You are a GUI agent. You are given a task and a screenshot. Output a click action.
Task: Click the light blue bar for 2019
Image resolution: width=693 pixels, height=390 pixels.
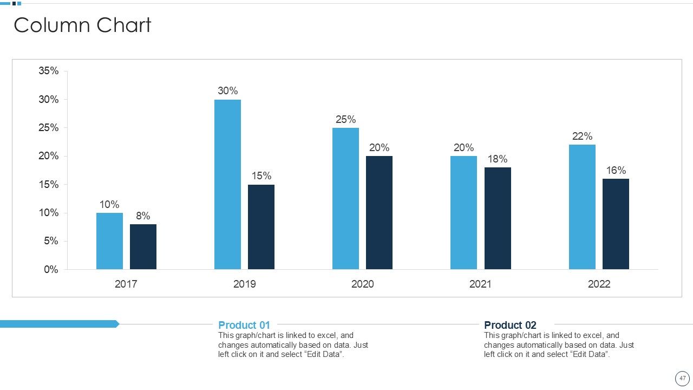[x=227, y=184]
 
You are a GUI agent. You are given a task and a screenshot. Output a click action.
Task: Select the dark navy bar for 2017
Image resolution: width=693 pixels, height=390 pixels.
[x=143, y=246]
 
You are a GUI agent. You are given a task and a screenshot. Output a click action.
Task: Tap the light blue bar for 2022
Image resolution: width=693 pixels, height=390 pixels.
[x=582, y=207]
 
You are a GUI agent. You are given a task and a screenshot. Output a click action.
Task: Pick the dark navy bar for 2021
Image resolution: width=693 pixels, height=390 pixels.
[x=498, y=218]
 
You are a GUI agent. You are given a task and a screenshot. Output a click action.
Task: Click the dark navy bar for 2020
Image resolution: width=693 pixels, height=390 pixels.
[x=379, y=212]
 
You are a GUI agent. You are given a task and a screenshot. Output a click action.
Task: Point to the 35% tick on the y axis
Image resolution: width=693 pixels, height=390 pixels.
[x=48, y=71]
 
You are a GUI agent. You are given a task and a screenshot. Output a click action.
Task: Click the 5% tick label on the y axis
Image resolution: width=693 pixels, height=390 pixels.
[x=51, y=241]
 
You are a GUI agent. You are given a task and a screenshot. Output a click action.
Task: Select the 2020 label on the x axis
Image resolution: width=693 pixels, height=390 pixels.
[x=362, y=284]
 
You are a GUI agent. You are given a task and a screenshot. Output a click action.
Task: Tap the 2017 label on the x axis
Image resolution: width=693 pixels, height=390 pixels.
[x=126, y=284]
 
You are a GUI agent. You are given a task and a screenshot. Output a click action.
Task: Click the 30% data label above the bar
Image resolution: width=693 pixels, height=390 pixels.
[x=227, y=91]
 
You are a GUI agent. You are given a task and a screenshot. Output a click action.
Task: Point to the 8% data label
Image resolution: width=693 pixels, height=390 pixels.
[x=143, y=216]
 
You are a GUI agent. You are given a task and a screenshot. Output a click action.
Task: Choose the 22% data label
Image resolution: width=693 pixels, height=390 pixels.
[x=582, y=136]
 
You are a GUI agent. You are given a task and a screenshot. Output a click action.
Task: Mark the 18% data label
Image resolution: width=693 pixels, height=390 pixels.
[x=498, y=159]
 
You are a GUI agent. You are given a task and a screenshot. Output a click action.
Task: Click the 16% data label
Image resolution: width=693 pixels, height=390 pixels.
[x=616, y=171]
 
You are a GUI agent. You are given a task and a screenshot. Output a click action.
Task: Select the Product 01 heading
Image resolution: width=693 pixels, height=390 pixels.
[x=244, y=325]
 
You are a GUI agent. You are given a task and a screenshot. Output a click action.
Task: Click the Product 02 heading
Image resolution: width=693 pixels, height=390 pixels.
[x=510, y=325]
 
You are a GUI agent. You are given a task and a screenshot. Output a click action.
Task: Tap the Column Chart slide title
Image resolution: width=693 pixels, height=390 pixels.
[x=82, y=25]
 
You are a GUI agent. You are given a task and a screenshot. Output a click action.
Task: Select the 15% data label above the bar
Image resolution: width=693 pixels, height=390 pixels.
[x=261, y=176]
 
